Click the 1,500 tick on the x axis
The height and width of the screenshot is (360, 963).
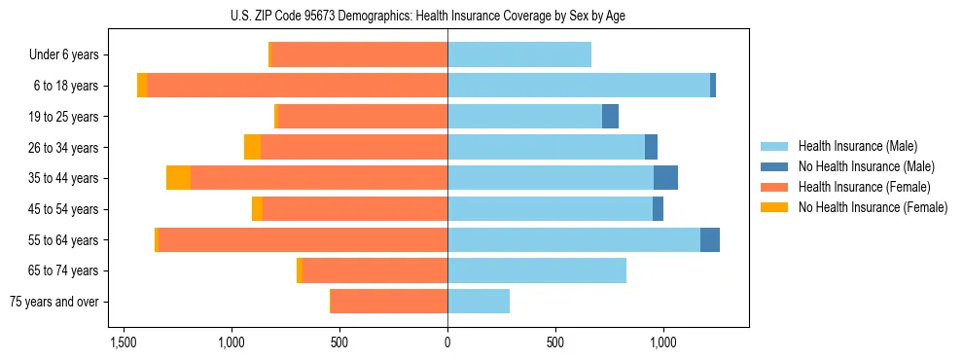pyautogui.click(x=124, y=342)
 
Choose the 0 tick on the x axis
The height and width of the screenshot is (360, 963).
pyautogui.click(x=447, y=342)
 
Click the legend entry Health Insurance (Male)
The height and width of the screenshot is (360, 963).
pyautogui.click(x=857, y=146)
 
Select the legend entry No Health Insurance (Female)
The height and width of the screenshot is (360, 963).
pyautogui.click(x=873, y=207)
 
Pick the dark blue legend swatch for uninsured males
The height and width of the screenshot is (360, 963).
pyautogui.click(x=774, y=166)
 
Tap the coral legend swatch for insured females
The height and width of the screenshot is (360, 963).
pyautogui.click(x=774, y=187)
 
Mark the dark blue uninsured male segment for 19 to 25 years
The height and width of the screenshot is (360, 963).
pyautogui.click(x=610, y=117)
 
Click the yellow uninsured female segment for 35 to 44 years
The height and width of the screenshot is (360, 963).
pyautogui.click(x=178, y=178)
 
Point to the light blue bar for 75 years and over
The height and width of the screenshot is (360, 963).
pyautogui.click(x=479, y=302)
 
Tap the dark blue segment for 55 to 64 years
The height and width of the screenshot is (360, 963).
pyautogui.click(x=710, y=240)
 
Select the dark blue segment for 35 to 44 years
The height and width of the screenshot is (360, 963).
pyautogui.click(x=665, y=178)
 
